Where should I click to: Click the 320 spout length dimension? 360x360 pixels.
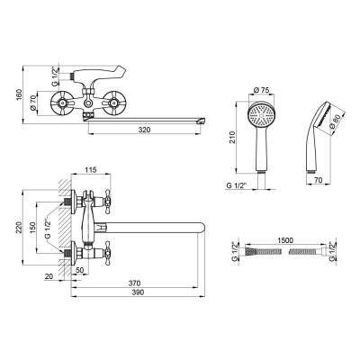coord(144,130)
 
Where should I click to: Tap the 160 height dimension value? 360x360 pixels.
coord(20,95)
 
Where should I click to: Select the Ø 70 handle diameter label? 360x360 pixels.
coord(33,103)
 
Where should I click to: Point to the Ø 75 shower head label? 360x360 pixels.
coord(261,90)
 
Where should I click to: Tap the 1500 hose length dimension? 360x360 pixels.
coord(285,240)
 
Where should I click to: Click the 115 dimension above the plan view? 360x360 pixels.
coord(91,170)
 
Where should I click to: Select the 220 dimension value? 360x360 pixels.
coord(20,228)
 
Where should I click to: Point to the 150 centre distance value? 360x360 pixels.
coord(32,228)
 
